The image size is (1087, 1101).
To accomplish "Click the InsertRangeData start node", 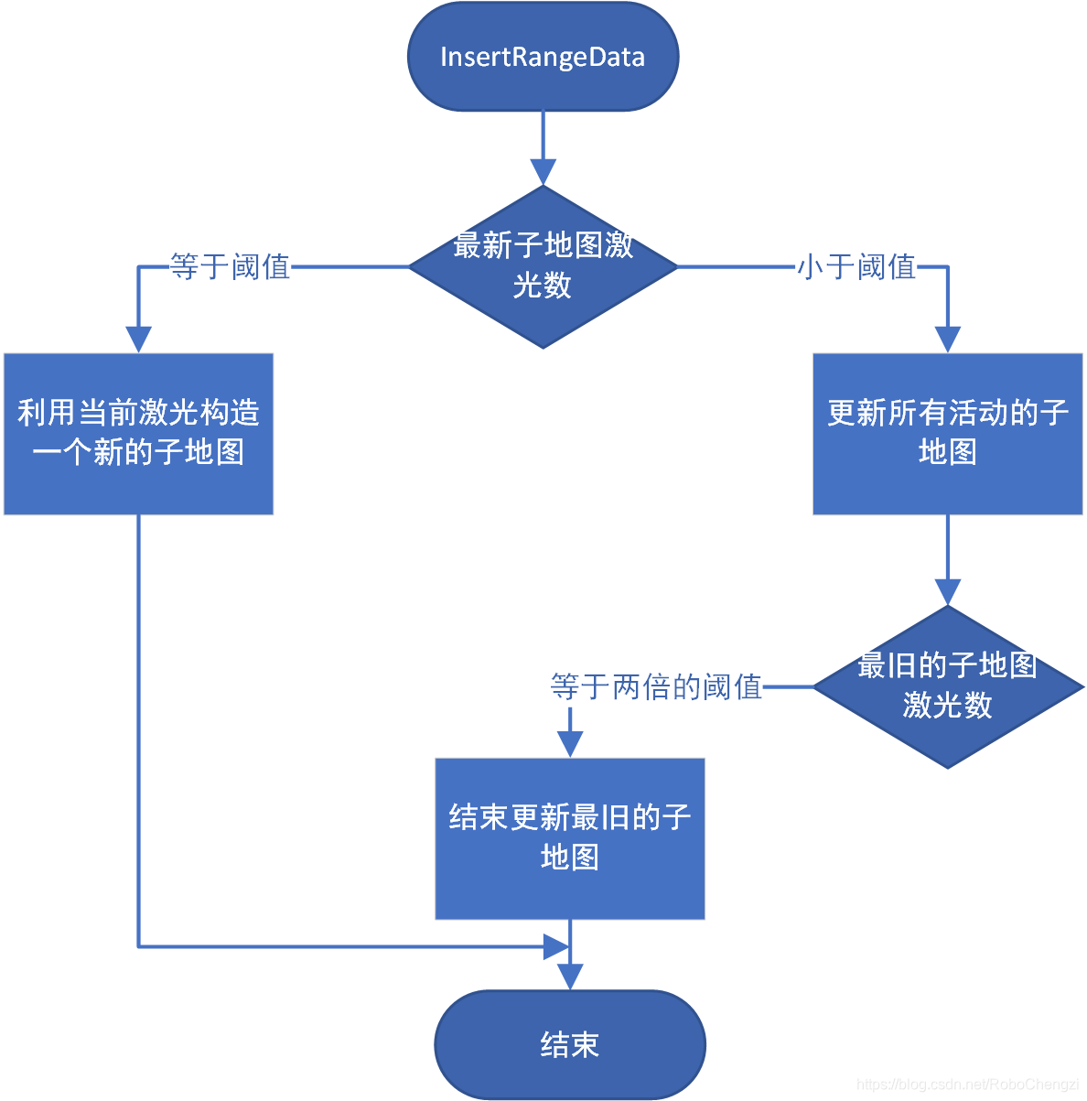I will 543,57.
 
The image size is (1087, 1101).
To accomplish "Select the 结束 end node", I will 569,1044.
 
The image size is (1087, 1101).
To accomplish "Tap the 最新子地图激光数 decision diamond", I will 543,266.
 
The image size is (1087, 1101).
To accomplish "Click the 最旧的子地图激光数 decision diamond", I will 947,686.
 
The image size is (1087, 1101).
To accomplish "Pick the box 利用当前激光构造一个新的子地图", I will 138,433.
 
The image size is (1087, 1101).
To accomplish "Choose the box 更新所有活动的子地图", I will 947,433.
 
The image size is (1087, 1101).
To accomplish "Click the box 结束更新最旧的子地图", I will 569,837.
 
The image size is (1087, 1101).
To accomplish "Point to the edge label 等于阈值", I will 230,267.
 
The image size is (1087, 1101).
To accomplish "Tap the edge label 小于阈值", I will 856,267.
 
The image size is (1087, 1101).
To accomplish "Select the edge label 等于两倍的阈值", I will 656,686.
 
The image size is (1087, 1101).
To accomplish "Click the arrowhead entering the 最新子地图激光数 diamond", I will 543,172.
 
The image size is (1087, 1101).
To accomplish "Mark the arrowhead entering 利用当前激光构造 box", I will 138,340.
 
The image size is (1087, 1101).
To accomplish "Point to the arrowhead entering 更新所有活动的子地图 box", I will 947,340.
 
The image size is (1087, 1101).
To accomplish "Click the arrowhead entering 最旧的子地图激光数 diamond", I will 947,592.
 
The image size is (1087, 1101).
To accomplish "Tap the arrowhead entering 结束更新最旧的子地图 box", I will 569,744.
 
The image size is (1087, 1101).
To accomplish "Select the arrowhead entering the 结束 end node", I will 569,977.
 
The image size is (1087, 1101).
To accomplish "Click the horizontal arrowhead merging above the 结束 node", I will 556,946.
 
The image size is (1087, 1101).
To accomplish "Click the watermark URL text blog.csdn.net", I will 968,1085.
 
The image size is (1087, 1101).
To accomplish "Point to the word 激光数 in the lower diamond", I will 947,706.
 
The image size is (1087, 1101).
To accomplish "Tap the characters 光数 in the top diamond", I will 543,286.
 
